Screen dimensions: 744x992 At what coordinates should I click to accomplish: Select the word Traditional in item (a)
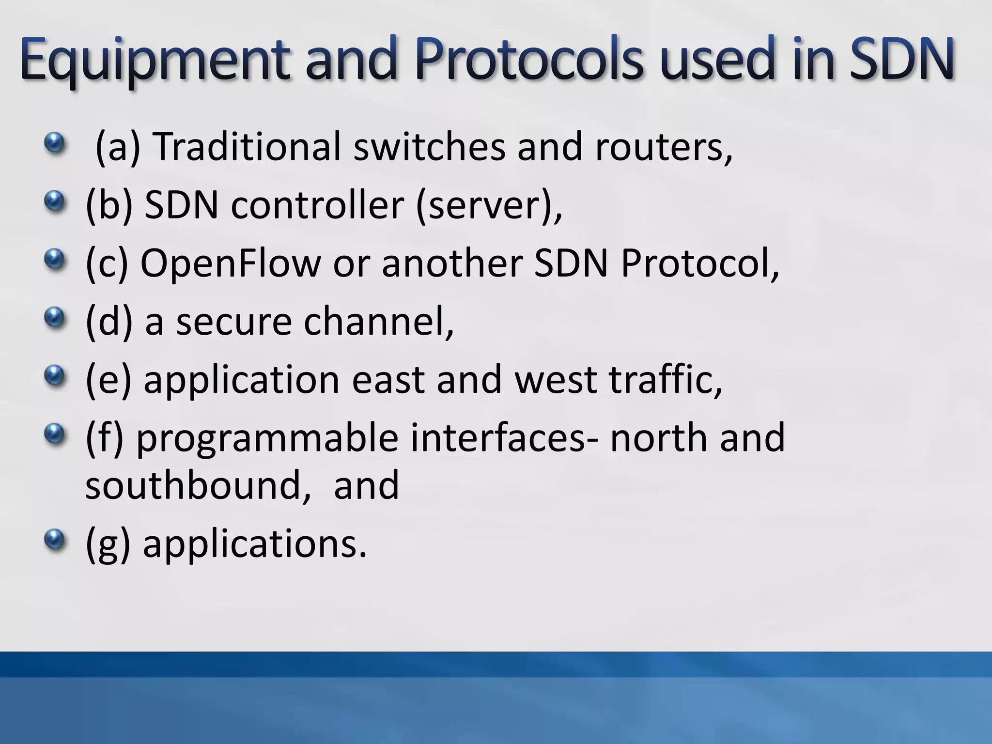point(247,146)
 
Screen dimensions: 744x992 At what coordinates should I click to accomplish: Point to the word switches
point(429,146)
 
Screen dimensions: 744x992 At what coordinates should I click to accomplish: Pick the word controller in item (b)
point(317,205)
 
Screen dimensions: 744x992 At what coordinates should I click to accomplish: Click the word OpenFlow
point(231,263)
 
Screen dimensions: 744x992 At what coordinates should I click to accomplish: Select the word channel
point(378,321)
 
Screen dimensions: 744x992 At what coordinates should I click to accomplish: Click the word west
point(555,380)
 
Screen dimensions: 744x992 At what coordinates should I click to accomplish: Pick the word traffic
point(666,379)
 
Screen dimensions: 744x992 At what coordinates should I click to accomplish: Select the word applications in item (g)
point(255,544)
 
